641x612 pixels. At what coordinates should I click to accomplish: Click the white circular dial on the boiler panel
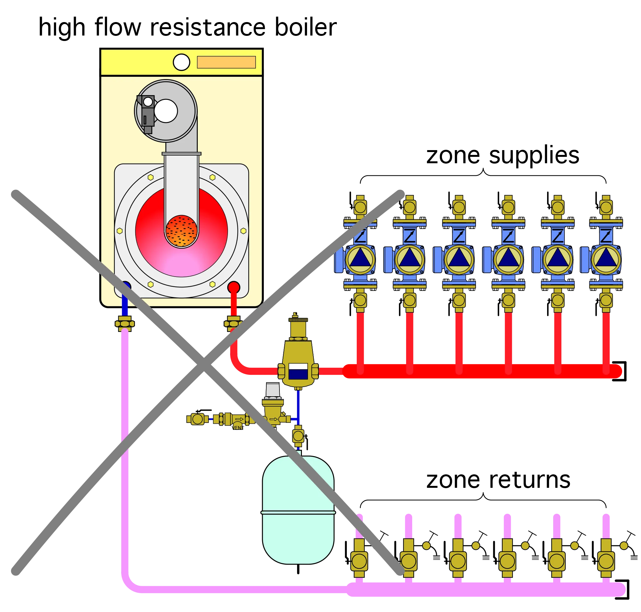[181, 62]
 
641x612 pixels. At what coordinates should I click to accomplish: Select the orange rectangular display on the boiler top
[226, 62]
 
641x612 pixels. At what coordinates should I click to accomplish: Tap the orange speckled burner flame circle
[181, 231]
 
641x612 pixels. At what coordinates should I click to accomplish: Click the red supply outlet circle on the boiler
[234, 287]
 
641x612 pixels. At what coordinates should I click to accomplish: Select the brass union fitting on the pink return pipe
[125, 324]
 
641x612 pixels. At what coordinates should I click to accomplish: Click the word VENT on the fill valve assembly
[238, 428]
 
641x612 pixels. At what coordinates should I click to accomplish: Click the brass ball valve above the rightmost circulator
[606, 207]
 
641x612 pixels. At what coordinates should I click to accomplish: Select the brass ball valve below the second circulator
[409, 300]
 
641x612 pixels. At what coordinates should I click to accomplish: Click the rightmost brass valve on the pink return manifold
[606, 561]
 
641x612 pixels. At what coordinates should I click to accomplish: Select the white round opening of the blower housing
[166, 111]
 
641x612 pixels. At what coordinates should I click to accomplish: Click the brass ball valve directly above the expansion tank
[298, 436]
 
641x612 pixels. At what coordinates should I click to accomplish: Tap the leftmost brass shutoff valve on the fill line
[197, 419]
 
